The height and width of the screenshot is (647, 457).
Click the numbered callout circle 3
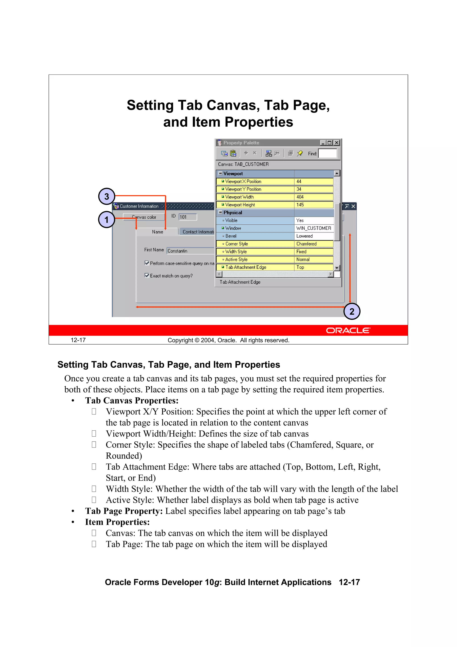106,196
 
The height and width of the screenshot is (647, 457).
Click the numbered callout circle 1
106,219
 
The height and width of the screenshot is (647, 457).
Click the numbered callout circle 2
352,311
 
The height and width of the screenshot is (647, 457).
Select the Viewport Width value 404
313,197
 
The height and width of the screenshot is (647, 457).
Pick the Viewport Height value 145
313,205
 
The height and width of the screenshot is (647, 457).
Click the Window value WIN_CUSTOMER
313,228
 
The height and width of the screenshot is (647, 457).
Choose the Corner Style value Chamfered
313,244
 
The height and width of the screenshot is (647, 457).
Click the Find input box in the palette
328,154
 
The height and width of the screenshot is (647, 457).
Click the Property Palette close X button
337,143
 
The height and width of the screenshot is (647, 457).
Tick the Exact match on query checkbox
147,275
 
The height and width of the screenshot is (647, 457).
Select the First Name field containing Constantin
190,251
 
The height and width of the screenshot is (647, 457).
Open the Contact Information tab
197,232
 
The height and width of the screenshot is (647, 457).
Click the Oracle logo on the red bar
348,331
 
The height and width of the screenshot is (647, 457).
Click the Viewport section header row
255,174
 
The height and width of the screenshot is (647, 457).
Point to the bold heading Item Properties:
117,522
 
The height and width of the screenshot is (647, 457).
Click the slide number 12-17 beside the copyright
78,340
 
